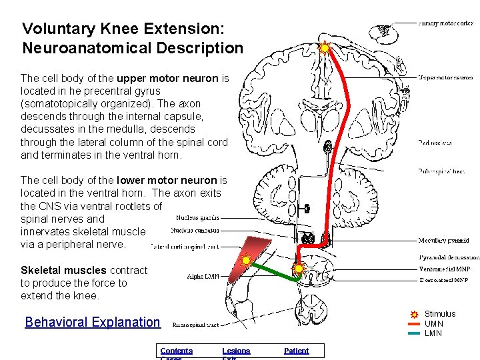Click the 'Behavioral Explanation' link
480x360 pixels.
93,322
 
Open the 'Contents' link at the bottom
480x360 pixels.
176,351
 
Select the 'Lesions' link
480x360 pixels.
236,351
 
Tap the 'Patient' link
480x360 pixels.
296,351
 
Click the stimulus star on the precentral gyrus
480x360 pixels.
325,47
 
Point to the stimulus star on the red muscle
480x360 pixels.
246,259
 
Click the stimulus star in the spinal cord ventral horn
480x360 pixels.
298,269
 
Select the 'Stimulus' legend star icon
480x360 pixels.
414,314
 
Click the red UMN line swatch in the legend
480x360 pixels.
414,324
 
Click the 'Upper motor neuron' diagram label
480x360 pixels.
446,78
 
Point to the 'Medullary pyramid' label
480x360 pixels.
443,241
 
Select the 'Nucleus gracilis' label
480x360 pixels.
198,217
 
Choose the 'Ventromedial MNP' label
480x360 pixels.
445,269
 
